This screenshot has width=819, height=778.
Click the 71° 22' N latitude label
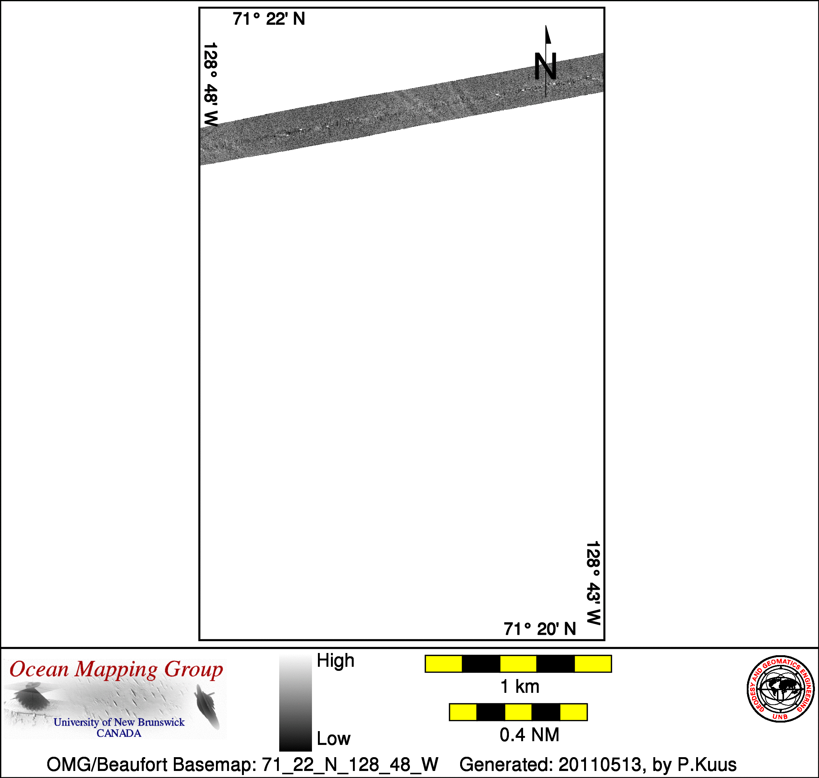pyautogui.click(x=268, y=19)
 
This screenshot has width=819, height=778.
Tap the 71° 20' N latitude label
pyautogui.click(x=540, y=629)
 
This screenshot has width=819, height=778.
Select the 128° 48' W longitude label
pyautogui.click(x=211, y=84)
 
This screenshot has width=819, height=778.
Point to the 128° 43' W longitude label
pyautogui.click(x=593, y=583)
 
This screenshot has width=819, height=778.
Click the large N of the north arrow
pyautogui.click(x=545, y=66)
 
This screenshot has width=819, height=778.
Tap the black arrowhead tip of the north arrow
pyautogui.click(x=546, y=26)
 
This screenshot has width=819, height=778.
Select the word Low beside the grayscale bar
pyautogui.click(x=334, y=739)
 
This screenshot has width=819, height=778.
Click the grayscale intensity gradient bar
pyautogui.click(x=296, y=702)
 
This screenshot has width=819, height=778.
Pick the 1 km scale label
pyautogui.click(x=520, y=687)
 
